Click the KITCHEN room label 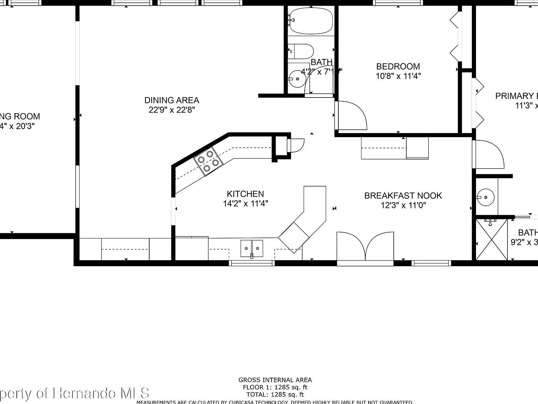click(x=245, y=194)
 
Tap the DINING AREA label click(x=172, y=100)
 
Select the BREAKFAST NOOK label click(x=403, y=196)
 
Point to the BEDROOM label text click(x=398, y=66)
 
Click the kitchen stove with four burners click(x=208, y=161)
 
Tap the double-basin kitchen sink click(x=251, y=248)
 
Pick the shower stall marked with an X click(x=491, y=240)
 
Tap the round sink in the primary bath click(x=486, y=197)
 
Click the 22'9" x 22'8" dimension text click(x=172, y=110)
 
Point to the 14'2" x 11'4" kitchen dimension click(x=245, y=204)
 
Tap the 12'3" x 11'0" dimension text click(x=403, y=206)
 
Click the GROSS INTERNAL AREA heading click(x=275, y=380)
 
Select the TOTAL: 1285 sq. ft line click(x=275, y=395)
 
